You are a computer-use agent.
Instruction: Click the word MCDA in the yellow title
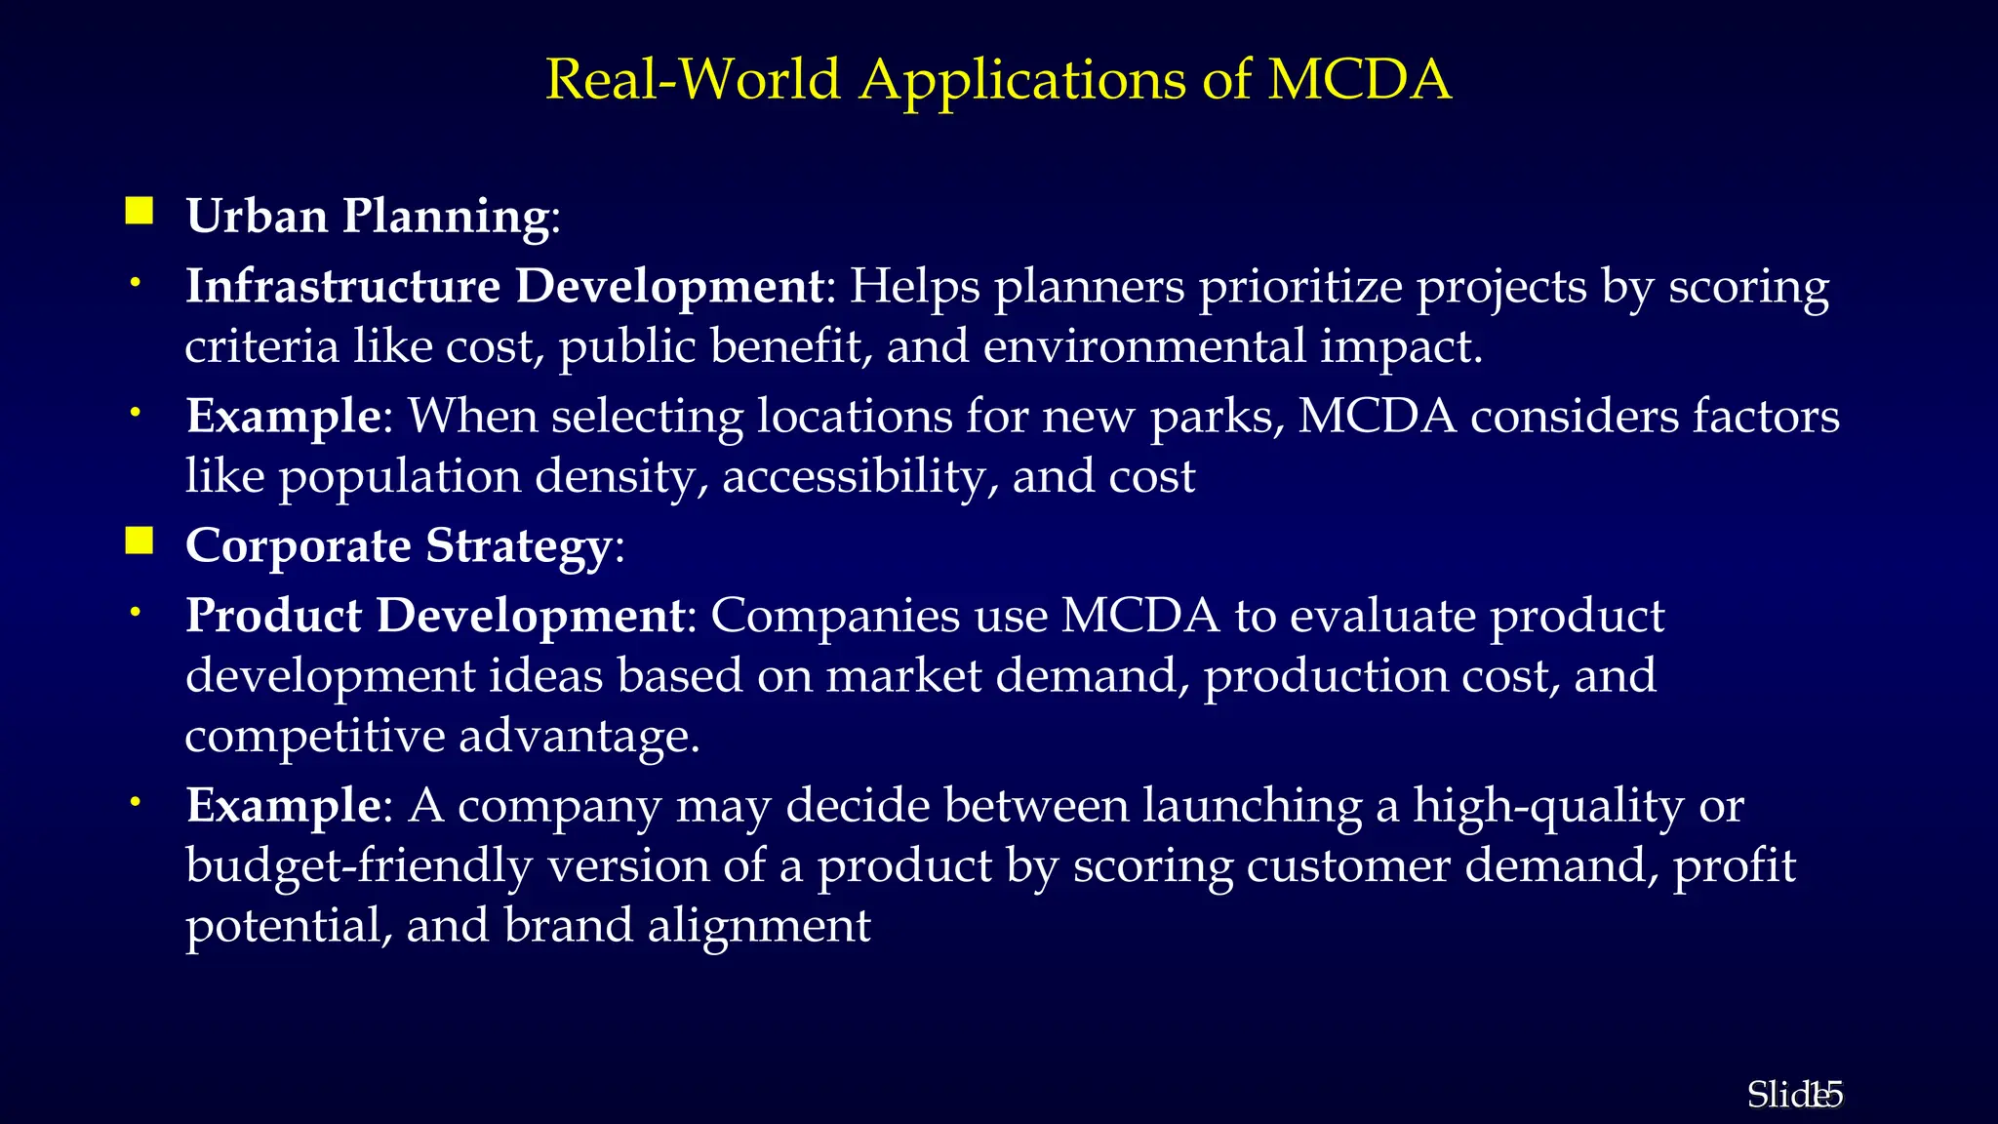(1359, 80)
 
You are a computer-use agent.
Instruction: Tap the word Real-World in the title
(693, 80)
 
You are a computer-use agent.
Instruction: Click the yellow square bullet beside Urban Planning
(140, 211)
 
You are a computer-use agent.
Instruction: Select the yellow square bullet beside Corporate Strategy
(140, 541)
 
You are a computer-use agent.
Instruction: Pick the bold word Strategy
(518, 546)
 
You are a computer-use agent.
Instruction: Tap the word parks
(1218, 418)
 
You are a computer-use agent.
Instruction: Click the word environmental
(1144, 346)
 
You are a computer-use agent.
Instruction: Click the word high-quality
(1548, 807)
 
